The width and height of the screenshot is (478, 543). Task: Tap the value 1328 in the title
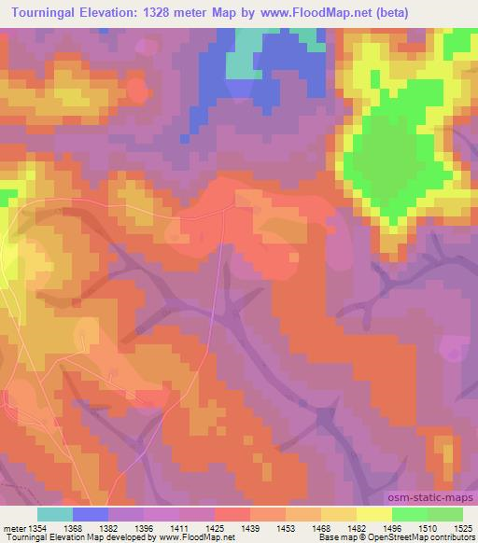158,11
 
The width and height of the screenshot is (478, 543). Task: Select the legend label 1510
427,527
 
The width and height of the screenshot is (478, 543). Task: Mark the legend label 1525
462,527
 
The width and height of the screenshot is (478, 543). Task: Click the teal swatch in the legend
55,514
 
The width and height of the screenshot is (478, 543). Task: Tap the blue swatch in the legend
91,514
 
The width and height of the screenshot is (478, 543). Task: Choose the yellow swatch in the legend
373,514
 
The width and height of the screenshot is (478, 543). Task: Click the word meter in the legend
14,527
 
